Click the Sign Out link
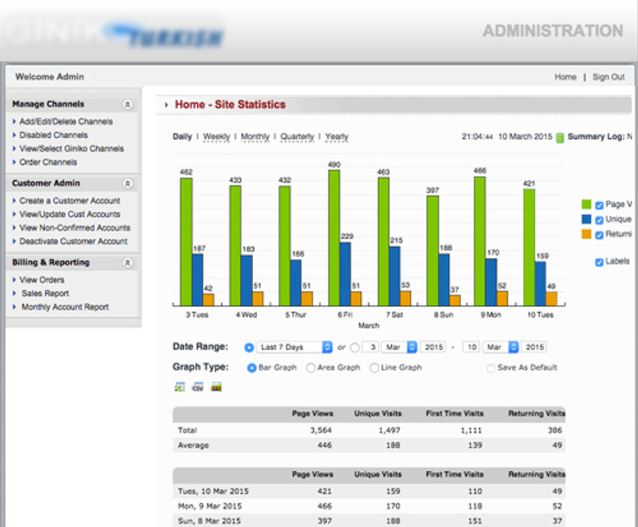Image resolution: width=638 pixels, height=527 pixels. coord(608,77)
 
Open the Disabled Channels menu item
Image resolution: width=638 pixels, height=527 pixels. coord(53,135)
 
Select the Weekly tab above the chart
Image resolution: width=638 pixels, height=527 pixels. coord(216,137)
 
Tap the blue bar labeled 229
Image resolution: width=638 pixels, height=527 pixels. coord(346,274)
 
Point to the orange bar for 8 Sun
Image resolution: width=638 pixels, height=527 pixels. coord(455,300)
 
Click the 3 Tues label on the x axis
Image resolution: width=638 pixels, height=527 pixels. coord(196,315)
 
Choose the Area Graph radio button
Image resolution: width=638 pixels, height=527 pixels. coord(310,368)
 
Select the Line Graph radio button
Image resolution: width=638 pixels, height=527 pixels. coord(374,368)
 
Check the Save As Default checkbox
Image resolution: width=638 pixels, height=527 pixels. coord(491,368)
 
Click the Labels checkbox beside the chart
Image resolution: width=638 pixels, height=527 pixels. coord(599,262)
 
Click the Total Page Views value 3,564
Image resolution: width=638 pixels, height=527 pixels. coord(321,431)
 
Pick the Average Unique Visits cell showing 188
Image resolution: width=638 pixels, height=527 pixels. coord(393,445)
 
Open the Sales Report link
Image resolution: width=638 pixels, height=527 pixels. coord(45,293)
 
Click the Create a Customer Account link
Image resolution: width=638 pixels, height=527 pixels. coord(70,201)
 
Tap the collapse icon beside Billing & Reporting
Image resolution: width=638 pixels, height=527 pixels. coord(128,263)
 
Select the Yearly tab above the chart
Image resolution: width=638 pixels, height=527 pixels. coord(337,137)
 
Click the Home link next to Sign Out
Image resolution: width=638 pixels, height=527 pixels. coord(566,77)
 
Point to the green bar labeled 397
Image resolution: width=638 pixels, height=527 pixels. coord(433,251)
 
